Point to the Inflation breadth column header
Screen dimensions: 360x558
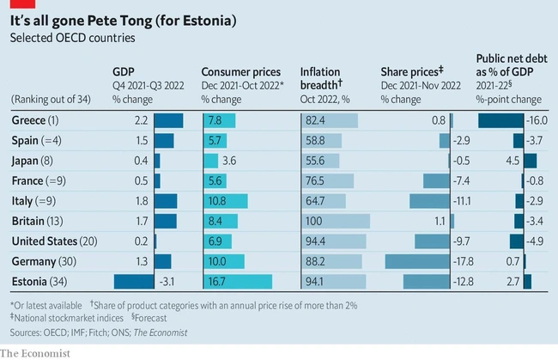(x=321, y=78)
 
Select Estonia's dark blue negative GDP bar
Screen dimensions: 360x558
(x=133, y=281)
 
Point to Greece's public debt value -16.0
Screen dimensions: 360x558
(x=537, y=120)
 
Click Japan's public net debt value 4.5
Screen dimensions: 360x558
(x=514, y=161)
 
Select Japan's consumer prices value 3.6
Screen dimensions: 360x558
(x=228, y=161)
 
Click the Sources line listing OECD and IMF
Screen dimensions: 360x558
(x=98, y=333)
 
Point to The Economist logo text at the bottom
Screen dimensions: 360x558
(x=35, y=352)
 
